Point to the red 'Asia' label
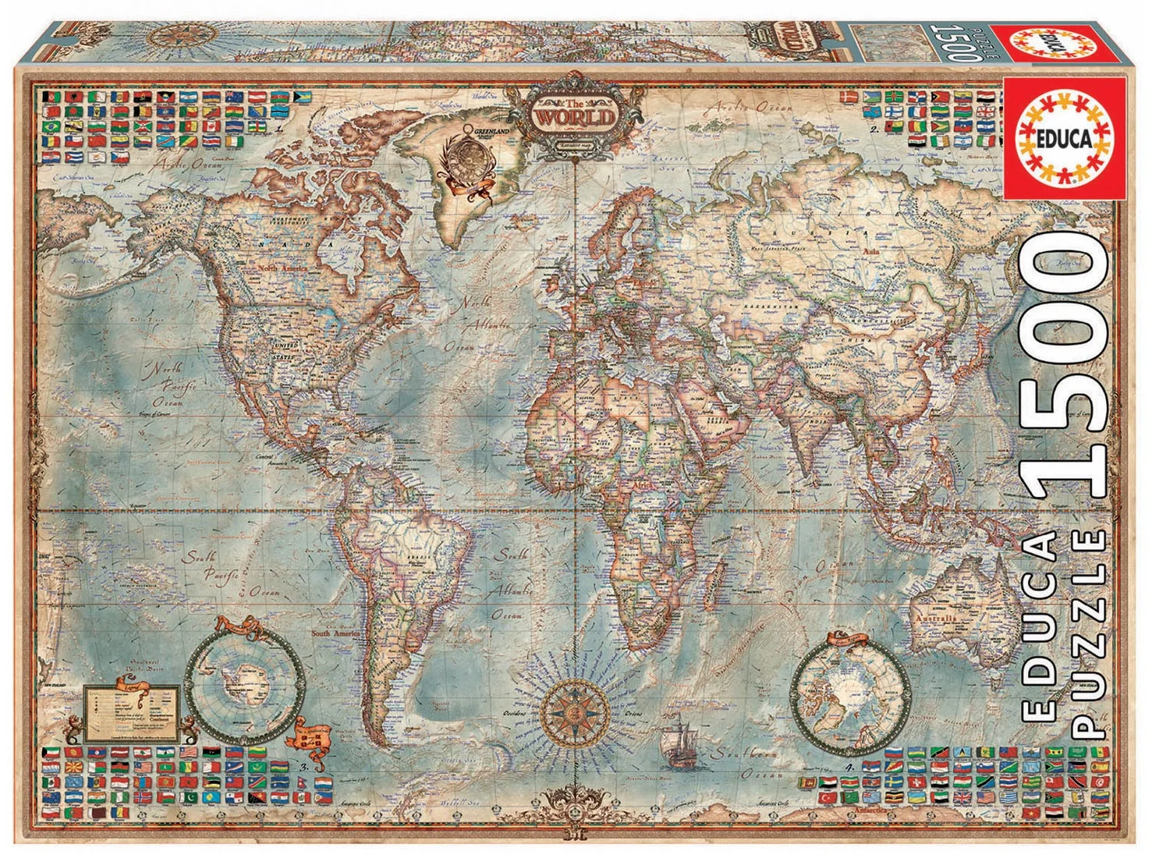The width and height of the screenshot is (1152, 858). coord(872,251)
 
